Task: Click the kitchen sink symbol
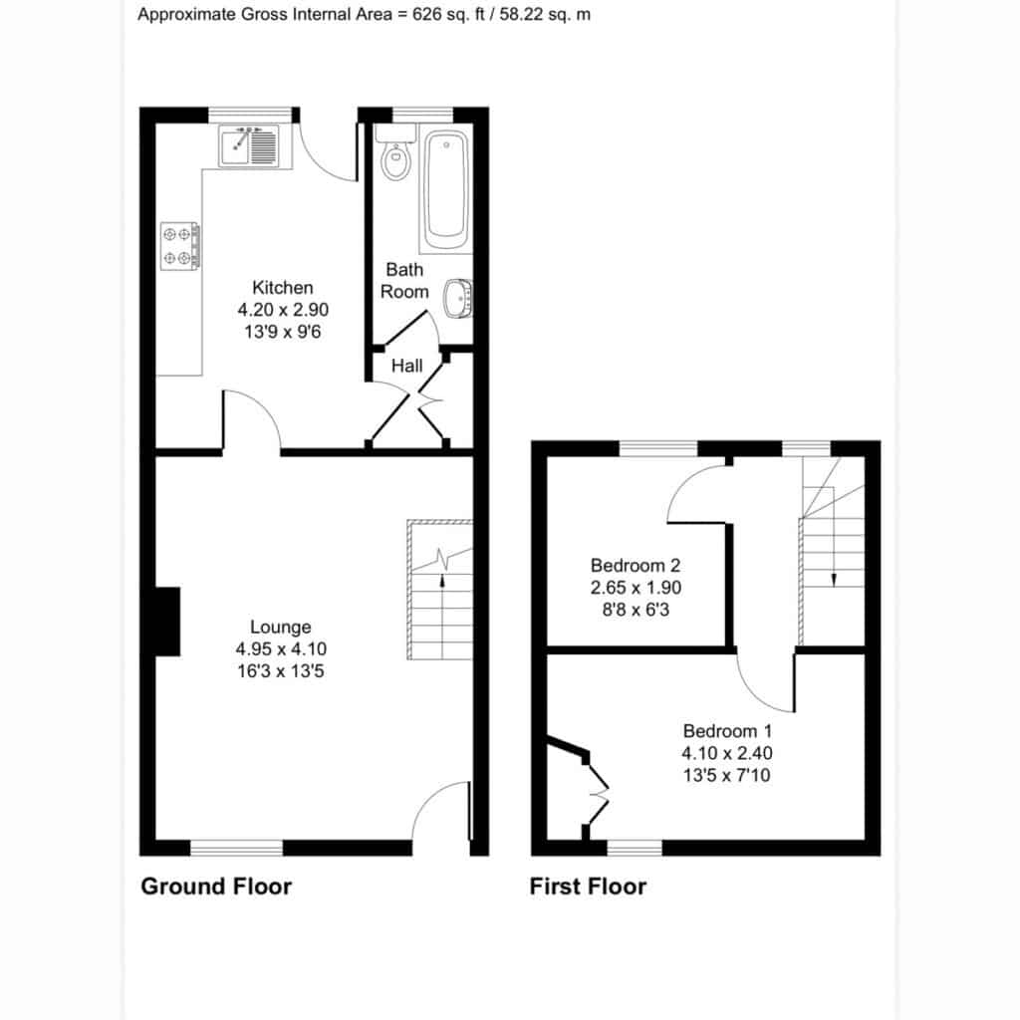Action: (x=249, y=145)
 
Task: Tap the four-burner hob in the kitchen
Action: (x=179, y=246)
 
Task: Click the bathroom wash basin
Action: (x=458, y=299)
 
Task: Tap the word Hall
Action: (x=406, y=366)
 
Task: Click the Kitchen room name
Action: (x=282, y=288)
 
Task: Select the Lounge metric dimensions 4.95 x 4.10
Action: (x=281, y=648)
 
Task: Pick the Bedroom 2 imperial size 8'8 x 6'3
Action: (x=636, y=610)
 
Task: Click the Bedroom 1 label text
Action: (x=727, y=730)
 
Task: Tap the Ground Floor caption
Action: (x=216, y=886)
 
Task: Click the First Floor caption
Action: (x=588, y=886)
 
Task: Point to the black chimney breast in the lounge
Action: (x=167, y=622)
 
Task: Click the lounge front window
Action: (x=237, y=848)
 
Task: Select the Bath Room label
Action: (x=404, y=280)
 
